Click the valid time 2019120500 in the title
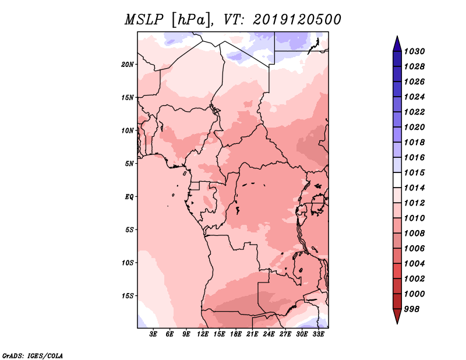tap(297, 20)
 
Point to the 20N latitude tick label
tap(128, 64)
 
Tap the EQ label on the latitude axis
tap(129, 196)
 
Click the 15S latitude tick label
tap(128, 295)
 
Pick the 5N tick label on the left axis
tap(130, 164)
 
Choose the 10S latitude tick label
tap(128, 263)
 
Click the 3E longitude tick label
tap(154, 334)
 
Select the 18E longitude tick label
tap(236, 334)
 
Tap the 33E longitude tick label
tap(318, 334)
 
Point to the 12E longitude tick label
tap(203, 334)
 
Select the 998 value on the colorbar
tap(414, 309)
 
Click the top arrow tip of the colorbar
tap(397, 38)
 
